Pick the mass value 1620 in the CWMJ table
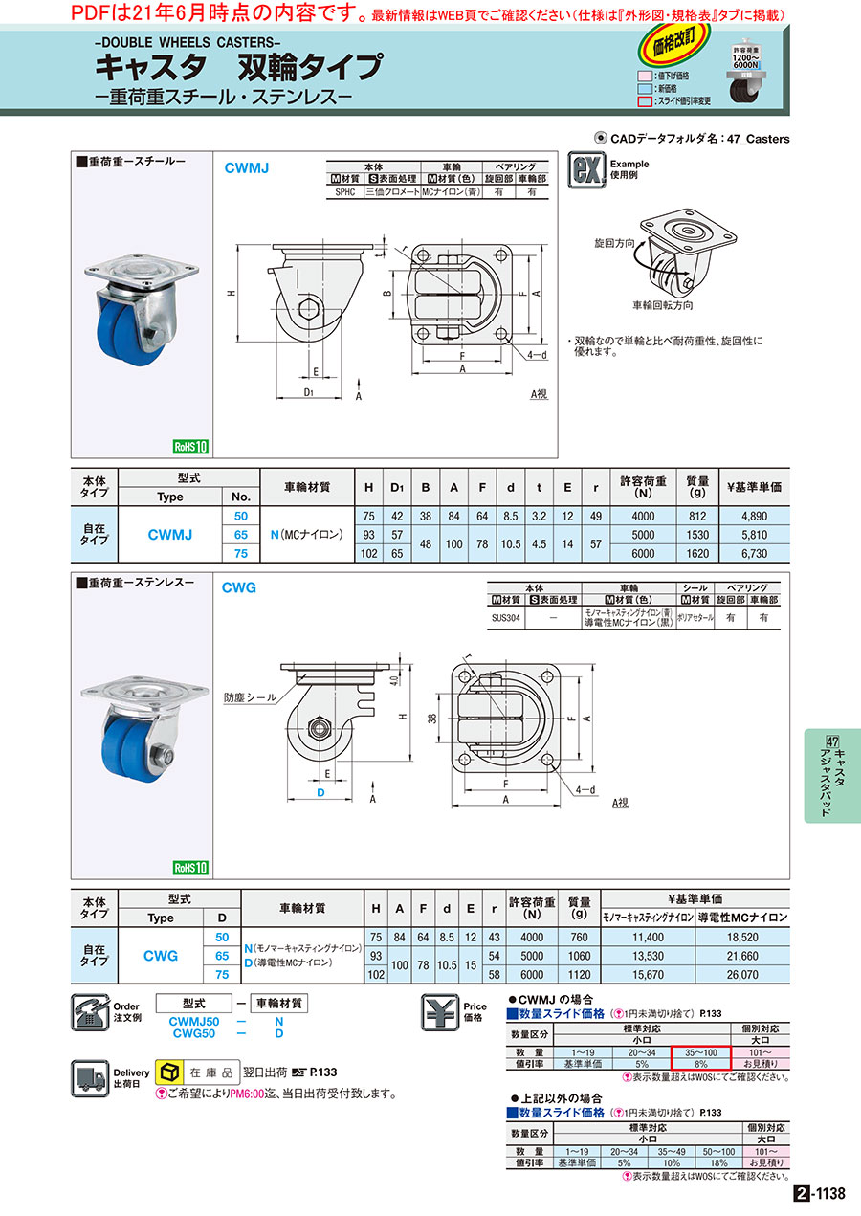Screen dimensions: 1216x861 point(695,553)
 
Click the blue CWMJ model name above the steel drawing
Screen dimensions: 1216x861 point(247,167)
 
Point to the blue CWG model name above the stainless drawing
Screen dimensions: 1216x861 point(239,588)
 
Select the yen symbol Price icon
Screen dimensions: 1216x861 point(441,1012)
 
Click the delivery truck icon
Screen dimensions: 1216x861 point(91,1077)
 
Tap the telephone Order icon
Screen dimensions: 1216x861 point(90,1012)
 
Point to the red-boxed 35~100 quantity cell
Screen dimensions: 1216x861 point(701,1051)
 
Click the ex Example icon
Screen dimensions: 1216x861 point(585,169)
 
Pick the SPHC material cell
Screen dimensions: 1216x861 point(344,191)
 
